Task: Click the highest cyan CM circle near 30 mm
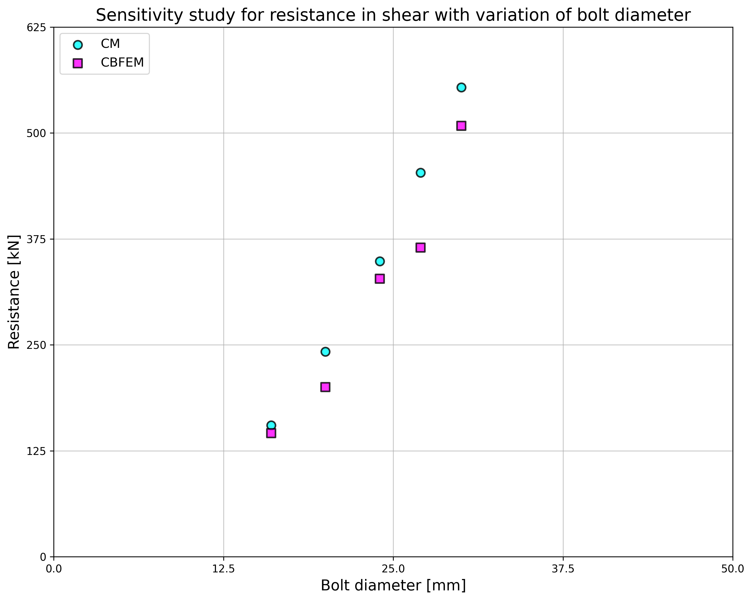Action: (x=461, y=87)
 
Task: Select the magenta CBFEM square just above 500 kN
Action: (x=461, y=126)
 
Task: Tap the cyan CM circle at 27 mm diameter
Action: (x=421, y=173)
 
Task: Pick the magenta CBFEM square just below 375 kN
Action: (x=421, y=248)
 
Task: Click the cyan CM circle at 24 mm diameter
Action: (x=380, y=261)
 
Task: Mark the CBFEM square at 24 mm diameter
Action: (x=380, y=279)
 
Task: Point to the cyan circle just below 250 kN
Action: (x=325, y=352)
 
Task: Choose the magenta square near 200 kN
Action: (x=325, y=387)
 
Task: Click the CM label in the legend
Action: (x=110, y=44)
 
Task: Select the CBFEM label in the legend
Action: (x=122, y=63)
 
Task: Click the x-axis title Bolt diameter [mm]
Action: (x=393, y=586)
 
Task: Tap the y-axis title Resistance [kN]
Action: (x=14, y=292)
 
